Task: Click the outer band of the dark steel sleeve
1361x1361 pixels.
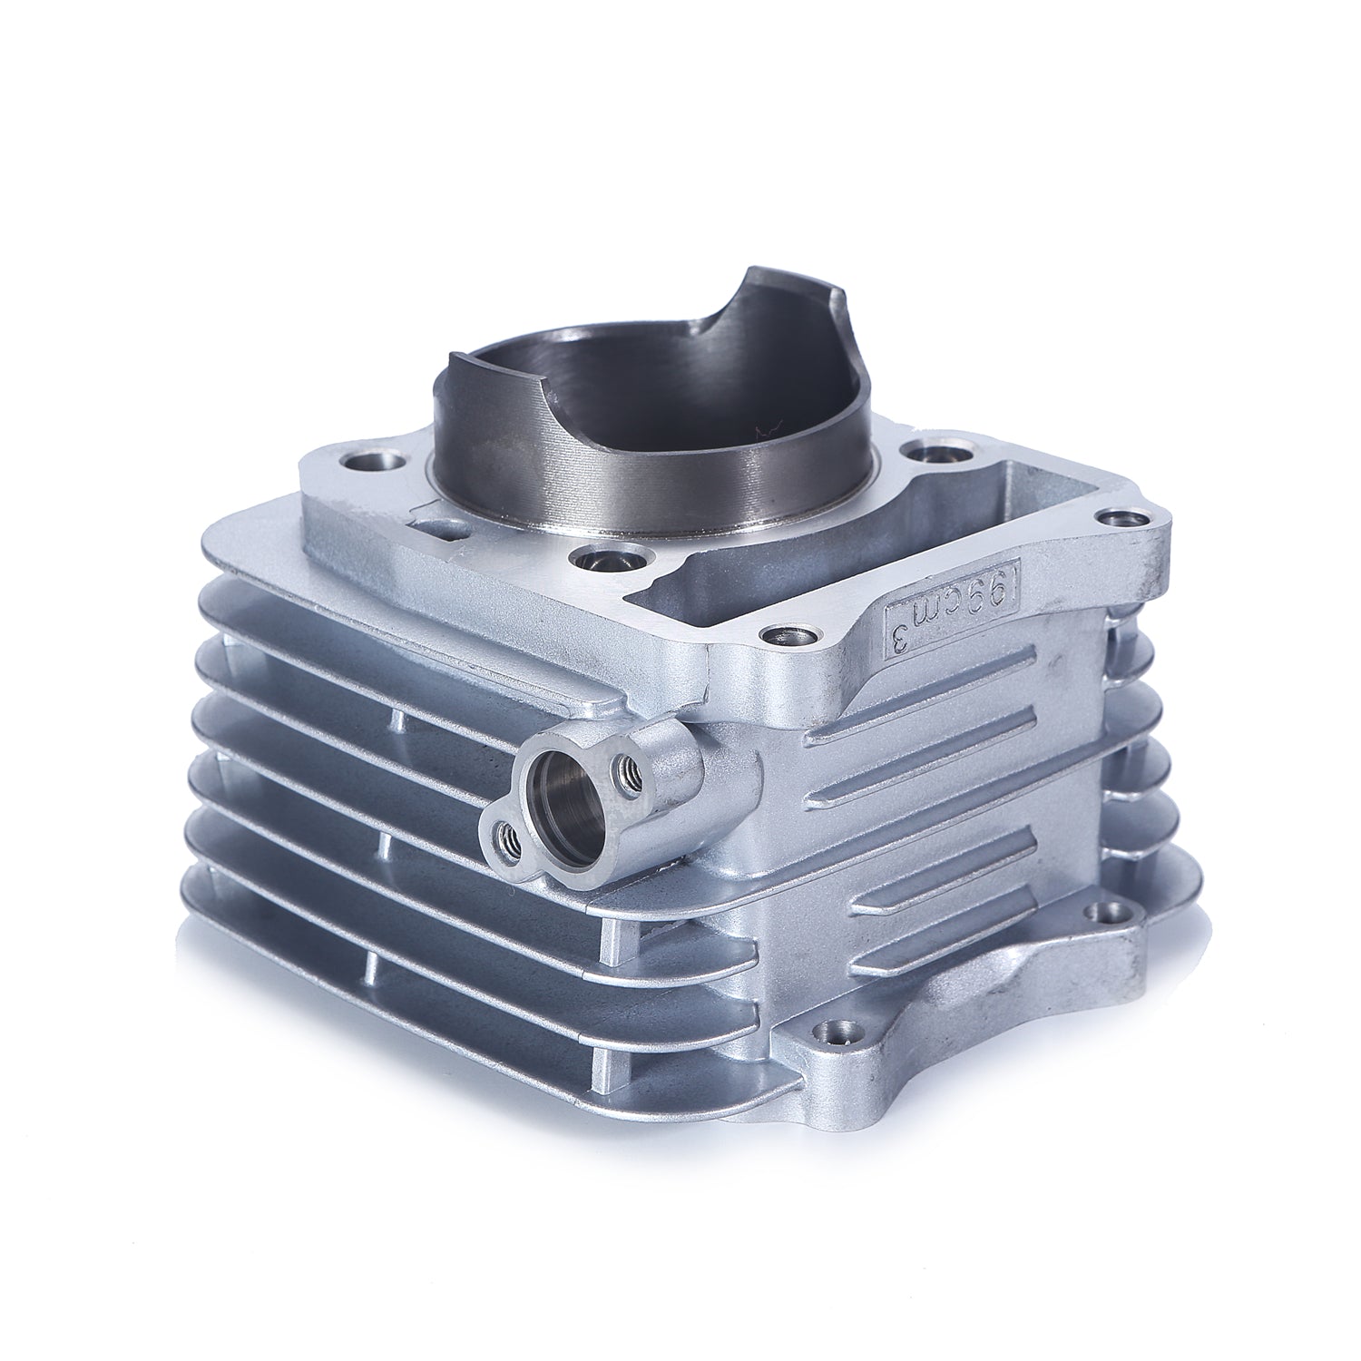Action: coord(635,490)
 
